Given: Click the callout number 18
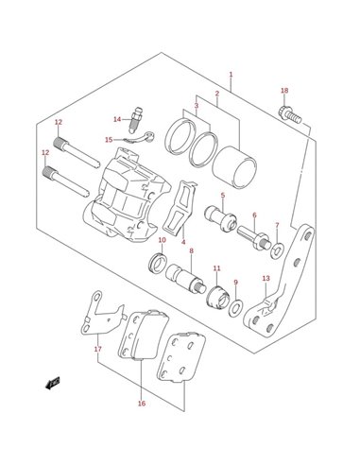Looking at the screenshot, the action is coord(284,91).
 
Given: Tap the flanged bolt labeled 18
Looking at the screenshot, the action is coord(290,115).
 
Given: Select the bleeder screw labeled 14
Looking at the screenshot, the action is coord(136,120).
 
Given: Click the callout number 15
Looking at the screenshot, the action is coord(109,139).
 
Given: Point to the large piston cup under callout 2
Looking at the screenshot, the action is coord(234,167).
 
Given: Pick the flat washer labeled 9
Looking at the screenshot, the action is coord(236,307).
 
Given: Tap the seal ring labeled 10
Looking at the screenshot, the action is coord(158,263).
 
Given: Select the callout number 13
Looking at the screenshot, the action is coord(266,278).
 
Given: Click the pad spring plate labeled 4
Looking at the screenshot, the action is coord(180,208).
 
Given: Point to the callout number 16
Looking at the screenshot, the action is coord(142,404).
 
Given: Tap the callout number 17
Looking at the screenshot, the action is coord(98,349).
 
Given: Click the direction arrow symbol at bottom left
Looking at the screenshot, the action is coord(52,384).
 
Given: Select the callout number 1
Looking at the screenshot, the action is coord(231,75).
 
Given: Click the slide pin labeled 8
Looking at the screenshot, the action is coord(186,279).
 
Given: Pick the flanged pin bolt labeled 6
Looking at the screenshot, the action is coord(254,238).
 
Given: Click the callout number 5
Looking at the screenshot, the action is coord(223,196).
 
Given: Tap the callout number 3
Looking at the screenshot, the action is coord(197,106).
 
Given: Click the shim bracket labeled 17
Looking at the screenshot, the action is coord(102,317).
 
